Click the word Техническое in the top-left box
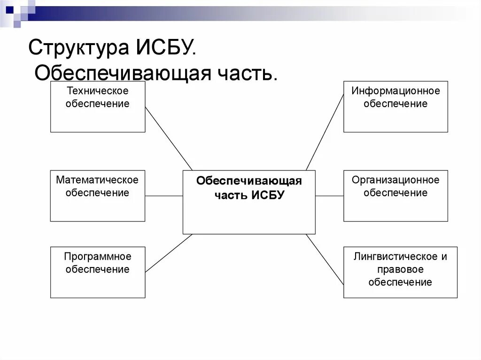pos(97,91)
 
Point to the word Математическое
pos(97,180)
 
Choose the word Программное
pos(97,257)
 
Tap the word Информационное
pos(396,91)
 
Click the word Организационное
pos(396,180)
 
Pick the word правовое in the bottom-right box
pos(400,269)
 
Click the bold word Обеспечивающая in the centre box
pos(249,182)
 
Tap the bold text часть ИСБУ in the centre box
pos(249,195)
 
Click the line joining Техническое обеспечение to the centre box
pos(168,138)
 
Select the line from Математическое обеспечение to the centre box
pos(163,196)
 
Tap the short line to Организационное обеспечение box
pos(329,196)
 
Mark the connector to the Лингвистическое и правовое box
pos(325,259)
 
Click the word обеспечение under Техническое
pos(97,104)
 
